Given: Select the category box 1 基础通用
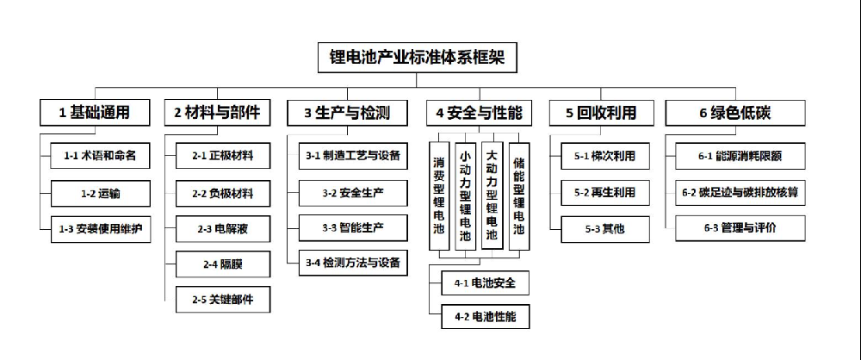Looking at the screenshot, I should pos(95,112).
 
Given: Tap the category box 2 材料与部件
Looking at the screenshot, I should pos(216,112).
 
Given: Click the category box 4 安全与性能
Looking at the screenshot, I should pos(479,112).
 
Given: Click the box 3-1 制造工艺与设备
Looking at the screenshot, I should pos(352,157).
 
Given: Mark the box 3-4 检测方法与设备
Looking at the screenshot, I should pos(352,263).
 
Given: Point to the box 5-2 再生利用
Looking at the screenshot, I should pos(604,193).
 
